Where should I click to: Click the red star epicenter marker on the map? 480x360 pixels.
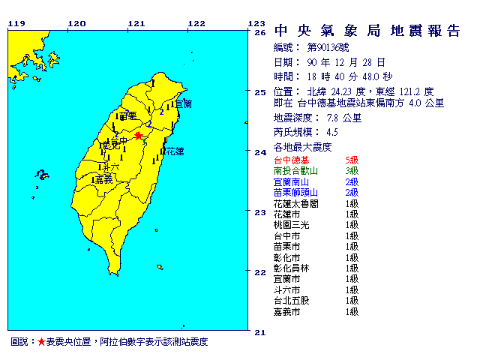[x=137, y=136]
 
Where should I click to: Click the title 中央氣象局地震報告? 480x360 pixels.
[x=367, y=31]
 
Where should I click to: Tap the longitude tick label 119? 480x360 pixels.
[x=16, y=23]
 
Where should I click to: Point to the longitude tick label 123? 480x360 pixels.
[x=256, y=23]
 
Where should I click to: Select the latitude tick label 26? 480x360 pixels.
[x=261, y=33]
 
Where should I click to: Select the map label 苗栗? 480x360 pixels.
[x=129, y=116]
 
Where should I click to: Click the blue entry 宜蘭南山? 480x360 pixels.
[x=294, y=181]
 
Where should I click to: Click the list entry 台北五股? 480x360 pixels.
[x=294, y=300]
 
